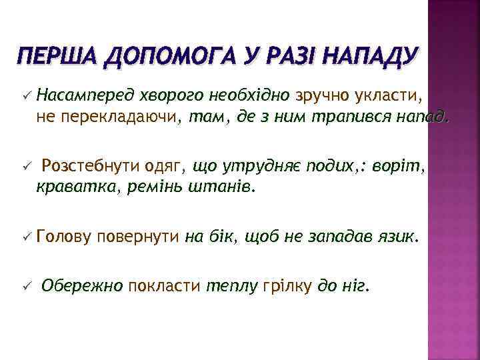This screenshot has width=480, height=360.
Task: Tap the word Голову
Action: pos(65,235)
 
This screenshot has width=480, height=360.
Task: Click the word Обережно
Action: pos(82,286)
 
